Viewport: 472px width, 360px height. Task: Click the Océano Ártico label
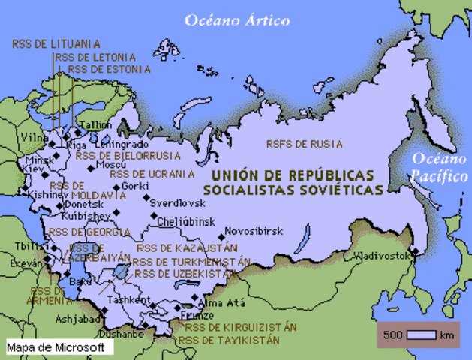[237, 20]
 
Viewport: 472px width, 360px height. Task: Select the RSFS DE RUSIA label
[304, 144]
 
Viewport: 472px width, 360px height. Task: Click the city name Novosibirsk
[254, 232]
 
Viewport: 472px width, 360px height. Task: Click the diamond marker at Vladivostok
[413, 250]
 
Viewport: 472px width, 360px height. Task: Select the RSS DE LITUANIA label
[56, 44]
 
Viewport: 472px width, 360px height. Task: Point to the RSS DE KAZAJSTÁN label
[187, 247]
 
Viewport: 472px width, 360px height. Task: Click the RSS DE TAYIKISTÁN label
[229, 340]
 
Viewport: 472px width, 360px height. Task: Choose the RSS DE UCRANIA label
[152, 174]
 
